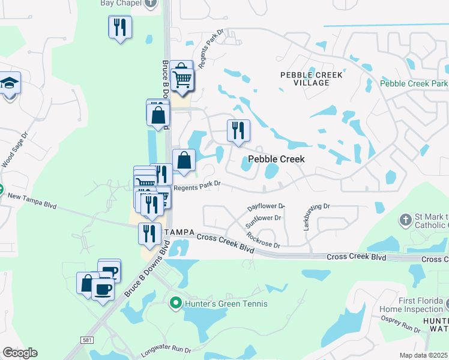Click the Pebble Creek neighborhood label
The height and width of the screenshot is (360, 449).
point(276,159)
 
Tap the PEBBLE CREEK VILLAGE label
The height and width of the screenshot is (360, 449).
point(312,79)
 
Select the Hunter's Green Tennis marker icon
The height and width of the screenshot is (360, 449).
point(176,304)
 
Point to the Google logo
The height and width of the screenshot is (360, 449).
point(20,353)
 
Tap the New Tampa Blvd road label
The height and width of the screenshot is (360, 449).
point(32,201)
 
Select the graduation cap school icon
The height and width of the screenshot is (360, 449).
point(10,83)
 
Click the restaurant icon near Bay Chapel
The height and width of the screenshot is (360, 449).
point(120,28)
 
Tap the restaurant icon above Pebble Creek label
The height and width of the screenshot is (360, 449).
point(238,130)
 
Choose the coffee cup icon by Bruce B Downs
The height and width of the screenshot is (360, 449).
point(103,289)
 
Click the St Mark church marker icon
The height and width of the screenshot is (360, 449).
point(406,220)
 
